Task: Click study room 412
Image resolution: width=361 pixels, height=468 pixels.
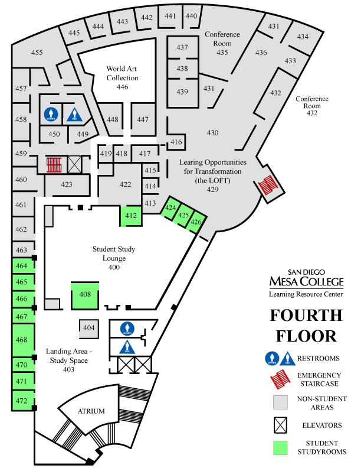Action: click(x=131, y=216)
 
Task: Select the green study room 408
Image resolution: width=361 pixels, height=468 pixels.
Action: click(x=85, y=295)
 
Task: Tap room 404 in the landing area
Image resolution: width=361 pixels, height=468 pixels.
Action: click(x=88, y=327)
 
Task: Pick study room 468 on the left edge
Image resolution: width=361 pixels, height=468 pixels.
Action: click(x=22, y=340)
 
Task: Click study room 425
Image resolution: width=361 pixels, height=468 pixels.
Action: click(x=183, y=216)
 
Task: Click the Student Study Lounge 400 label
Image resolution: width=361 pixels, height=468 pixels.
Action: click(x=114, y=258)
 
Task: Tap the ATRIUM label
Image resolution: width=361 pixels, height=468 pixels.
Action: click(x=91, y=411)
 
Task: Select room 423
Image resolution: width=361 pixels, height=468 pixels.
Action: click(x=67, y=184)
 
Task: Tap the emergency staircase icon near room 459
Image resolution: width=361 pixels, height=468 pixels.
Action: click(x=54, y=164)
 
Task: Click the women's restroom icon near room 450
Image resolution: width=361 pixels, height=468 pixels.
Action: click(x=51, y=114)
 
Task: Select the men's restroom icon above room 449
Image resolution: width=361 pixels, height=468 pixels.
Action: click(x=74, y=114)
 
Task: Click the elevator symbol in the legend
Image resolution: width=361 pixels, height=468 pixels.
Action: click(x=280, y=425)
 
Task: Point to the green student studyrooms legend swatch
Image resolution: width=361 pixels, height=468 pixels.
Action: click(x=280, y=448)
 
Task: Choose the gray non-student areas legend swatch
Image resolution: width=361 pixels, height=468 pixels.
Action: click(x=280, y=402)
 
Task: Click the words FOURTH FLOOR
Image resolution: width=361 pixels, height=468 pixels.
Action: click(x=306, y=326)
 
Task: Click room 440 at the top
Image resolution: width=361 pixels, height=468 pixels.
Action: click(x=192, y=16)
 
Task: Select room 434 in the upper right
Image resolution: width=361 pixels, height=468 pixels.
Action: click(x=303, y=37)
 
